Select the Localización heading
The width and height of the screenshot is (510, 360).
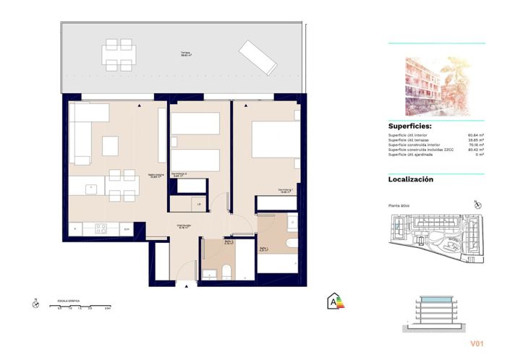[x=411, y=179]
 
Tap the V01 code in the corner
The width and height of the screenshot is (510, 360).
[x=477, y=343]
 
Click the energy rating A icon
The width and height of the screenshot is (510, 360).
[x=335, y=300]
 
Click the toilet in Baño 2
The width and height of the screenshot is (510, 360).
[x=225, y=272]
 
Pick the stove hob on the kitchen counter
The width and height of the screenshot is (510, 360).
[x=101, y=229]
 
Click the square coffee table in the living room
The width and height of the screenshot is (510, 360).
[x=110, y=145]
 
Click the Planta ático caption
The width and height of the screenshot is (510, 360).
[x=400, y=207]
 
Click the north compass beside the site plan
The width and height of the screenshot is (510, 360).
[x=475, y=205]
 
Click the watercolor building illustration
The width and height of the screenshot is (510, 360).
[x=436, y=82]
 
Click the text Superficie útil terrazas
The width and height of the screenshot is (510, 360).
[x=411, y=140]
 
